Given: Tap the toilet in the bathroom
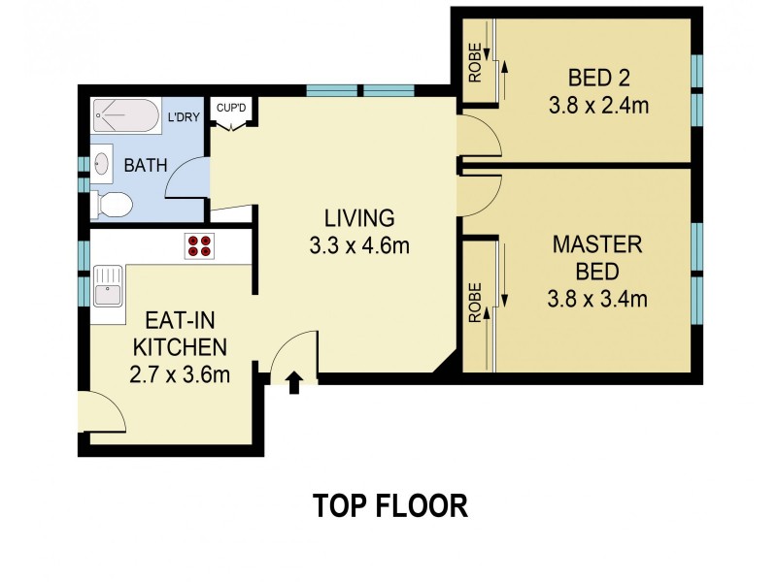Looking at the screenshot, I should click(x=113, y=205).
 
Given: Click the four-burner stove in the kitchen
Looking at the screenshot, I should click(x=199, y=246).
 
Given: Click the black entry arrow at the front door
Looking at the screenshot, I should click(x=293, y=382).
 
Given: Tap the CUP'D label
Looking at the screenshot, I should click(x=231, y=109).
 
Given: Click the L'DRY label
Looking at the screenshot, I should click(x=185, y=118).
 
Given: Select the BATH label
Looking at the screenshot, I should click(x=144, y=166).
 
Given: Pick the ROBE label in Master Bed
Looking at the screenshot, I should click(x=475, y=301).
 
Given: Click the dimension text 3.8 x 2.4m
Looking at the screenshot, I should click(x=597, y=106).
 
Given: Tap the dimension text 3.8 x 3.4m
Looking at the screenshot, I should click(x=597, y=299).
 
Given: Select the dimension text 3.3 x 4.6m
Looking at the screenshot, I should click(x=360, y=245).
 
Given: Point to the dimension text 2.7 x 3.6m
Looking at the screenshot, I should click(x=180, y=374).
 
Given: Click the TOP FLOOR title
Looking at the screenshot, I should click(x=389, y=505).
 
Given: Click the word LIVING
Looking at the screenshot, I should click(x=360, y=217).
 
